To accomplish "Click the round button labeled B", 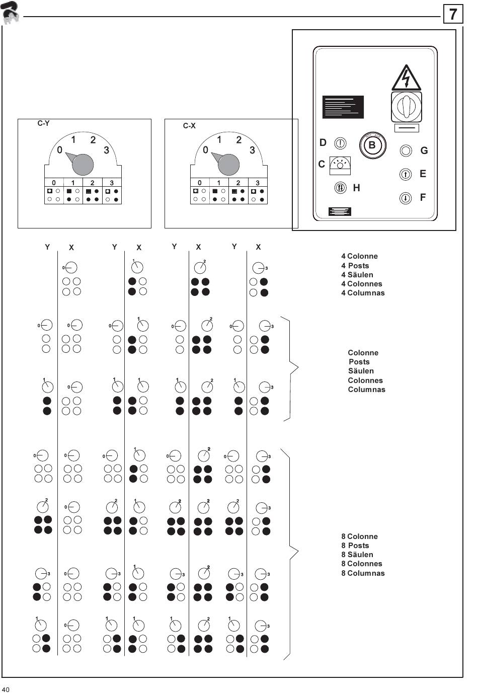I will (372, 145).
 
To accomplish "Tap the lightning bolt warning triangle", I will (406, 78).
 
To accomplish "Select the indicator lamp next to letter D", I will (341, 143).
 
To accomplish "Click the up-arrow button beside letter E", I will (406, 174).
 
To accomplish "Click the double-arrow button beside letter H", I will (341, 188).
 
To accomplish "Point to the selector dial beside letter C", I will (340, 165).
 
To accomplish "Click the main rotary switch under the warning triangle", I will (406, 106).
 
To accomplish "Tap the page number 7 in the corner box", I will (453, 14).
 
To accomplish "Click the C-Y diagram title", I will (44, 123).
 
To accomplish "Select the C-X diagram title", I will (189, 126).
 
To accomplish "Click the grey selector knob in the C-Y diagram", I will (83, 164).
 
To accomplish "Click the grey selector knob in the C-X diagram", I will (228, 164).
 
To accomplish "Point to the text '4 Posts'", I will (355, 266).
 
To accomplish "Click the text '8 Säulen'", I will (357, 555).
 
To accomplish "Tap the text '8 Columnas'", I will (363, 573).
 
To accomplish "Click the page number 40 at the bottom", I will (6, 689).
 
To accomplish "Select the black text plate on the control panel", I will (343, 107).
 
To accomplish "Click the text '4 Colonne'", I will (359, 256).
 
